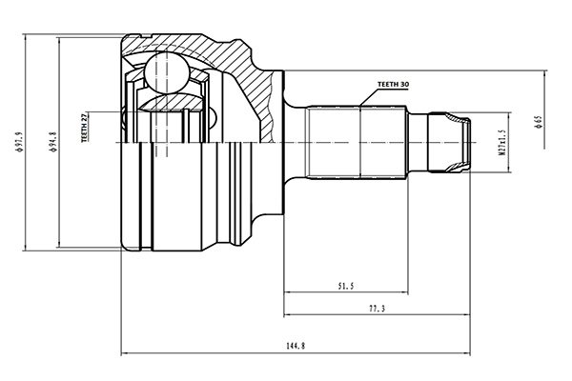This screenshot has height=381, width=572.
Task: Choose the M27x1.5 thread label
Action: click(500, 143)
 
